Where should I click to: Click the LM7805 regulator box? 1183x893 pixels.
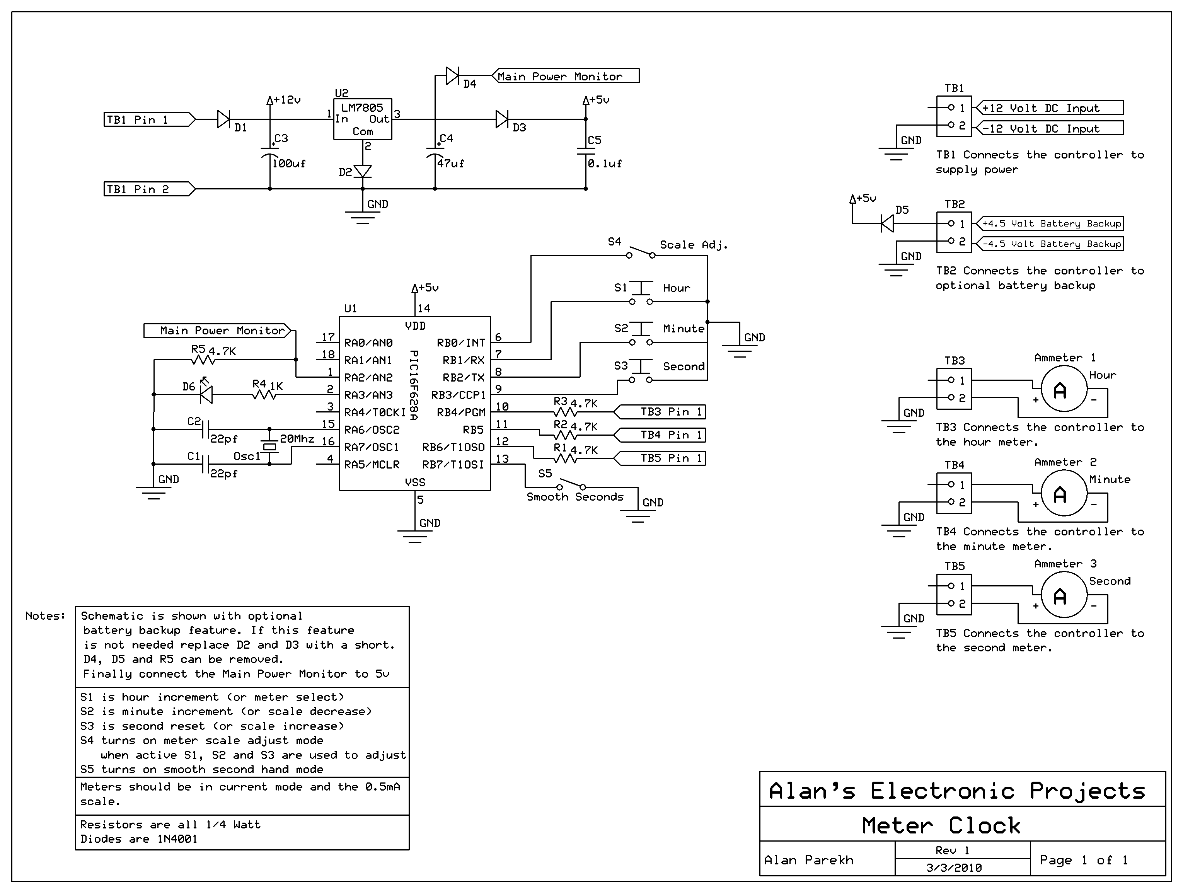point(362,119)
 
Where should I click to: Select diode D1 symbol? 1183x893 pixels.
point(223,119)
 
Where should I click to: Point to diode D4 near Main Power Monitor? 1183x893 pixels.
point(452,76)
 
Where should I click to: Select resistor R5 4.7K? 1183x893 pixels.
point(203,360)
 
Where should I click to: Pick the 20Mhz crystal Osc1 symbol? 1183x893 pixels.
point(269,446)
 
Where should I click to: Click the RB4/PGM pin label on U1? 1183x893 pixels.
point(460,412)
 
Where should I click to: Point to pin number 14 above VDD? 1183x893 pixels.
point(424,308)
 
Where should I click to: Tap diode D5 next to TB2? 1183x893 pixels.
point(887,223)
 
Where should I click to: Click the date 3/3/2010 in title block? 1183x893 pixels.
point(954,867)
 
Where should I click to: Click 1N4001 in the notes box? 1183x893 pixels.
point(177,839)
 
